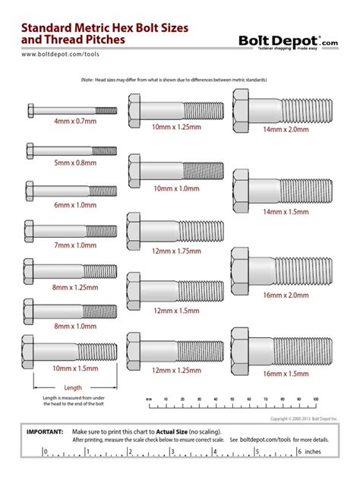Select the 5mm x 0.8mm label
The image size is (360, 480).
[x=74, y=162]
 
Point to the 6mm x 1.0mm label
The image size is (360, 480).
[x=74, y=205]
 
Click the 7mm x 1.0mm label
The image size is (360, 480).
[x=74, y=245]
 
